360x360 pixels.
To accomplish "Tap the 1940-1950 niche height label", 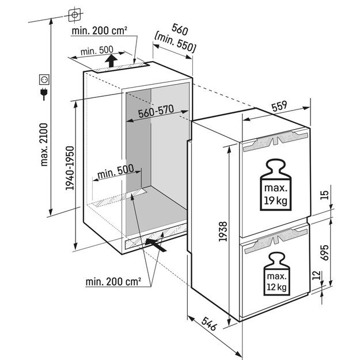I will (70, 169).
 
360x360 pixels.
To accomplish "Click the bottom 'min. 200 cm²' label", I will (114, 282).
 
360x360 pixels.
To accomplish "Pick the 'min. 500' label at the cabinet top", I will (96, 51).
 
